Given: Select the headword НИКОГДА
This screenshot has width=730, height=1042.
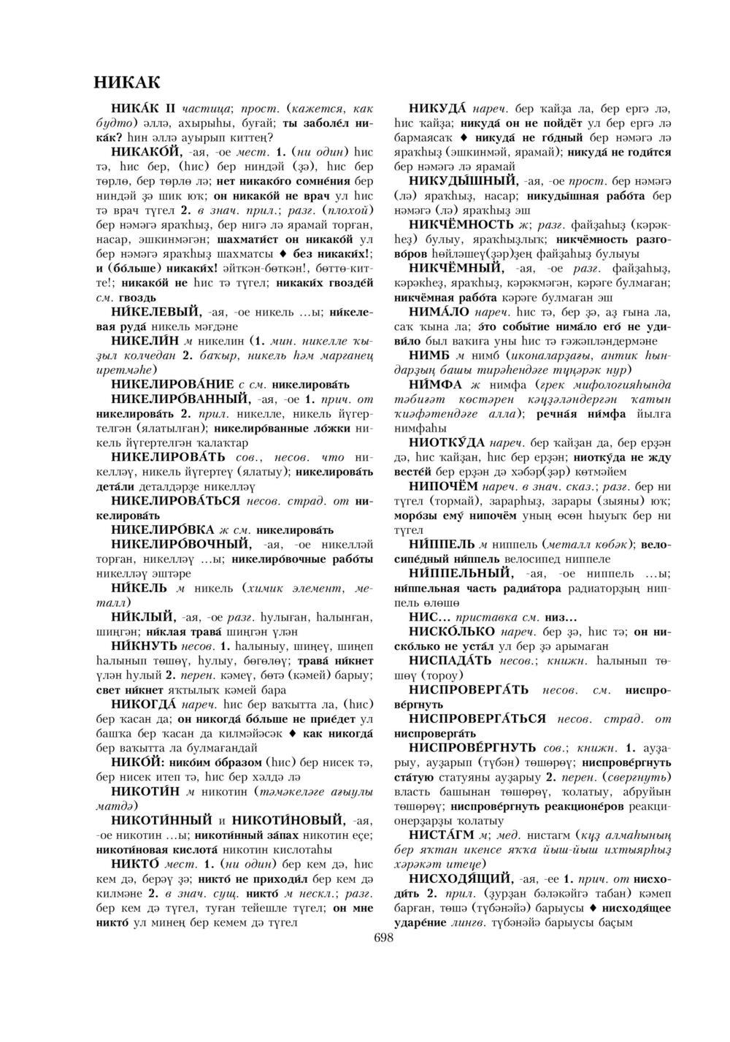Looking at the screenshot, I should coord(143,705).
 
